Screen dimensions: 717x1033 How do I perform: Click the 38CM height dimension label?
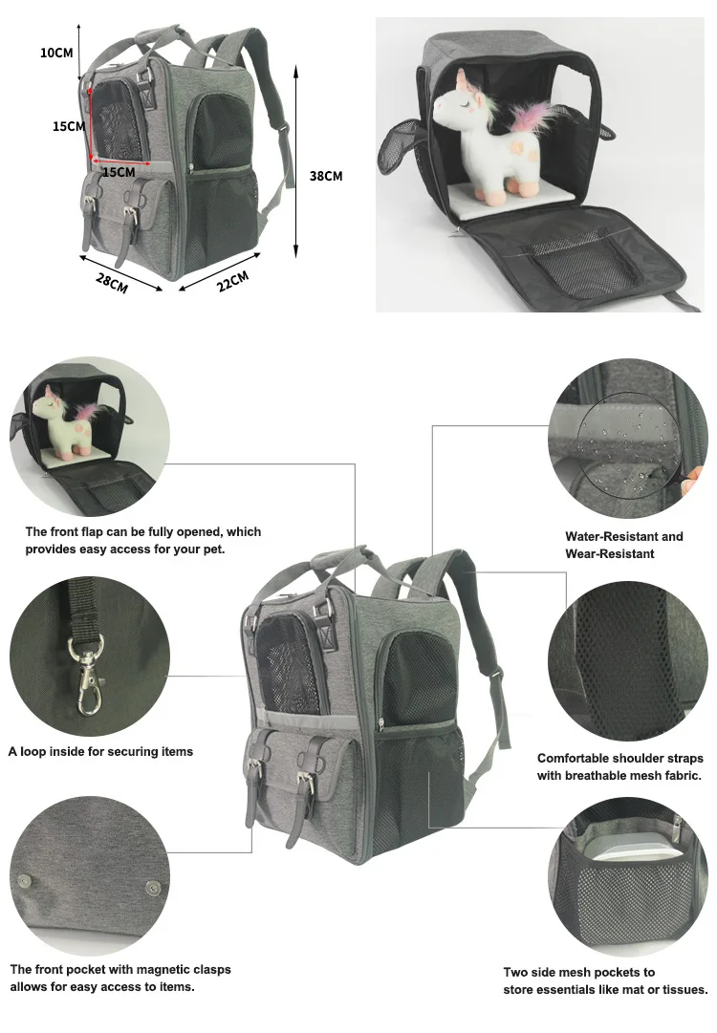tap(326, 176)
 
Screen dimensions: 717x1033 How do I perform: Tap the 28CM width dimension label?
tap(112, 283)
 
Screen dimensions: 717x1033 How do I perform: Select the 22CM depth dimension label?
tap(232, 281)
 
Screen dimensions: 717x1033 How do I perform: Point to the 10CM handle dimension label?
tap(56, 53)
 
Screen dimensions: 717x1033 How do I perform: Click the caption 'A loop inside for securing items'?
tap(100, 752)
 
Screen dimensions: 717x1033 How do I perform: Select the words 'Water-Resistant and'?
tap(624, 537)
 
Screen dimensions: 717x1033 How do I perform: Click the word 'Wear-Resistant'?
tap(610, 554)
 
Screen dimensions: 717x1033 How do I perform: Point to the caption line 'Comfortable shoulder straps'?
tap(620, 759)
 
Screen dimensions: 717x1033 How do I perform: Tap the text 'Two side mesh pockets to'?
tap(579, 973)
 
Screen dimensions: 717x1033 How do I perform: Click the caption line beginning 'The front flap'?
tap(143, 531)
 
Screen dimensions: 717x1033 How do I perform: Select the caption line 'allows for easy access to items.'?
tap(102, 987)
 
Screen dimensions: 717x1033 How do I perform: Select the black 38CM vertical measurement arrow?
tap(296, 161)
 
